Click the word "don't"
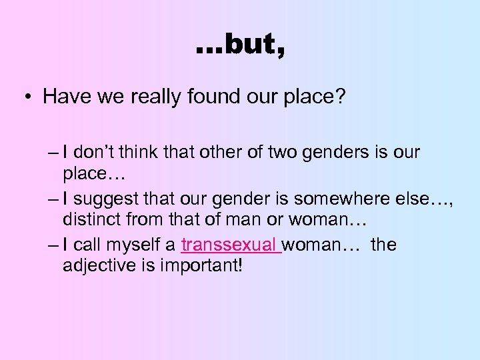(x=94, y=152)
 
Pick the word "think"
(x=141, y=152)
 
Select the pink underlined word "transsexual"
(x=231, y=245)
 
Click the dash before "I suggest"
(x=53, y=199)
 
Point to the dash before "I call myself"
(x=53, y=245)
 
